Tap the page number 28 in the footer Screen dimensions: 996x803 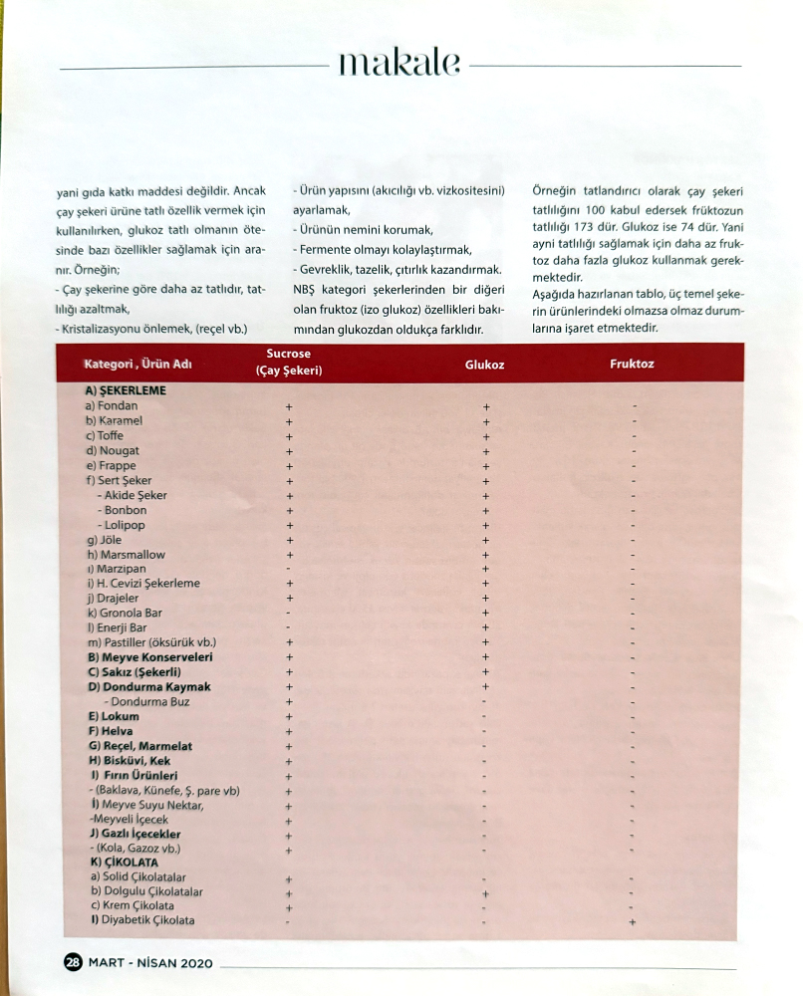click(73, 962)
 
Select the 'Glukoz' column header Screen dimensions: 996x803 click(484, 365)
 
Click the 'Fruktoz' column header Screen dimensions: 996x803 click(632, 364)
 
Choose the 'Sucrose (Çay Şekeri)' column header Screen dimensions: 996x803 click(289, 362)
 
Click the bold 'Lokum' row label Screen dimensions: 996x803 click(114, 716)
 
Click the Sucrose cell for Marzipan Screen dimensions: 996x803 click(289, 569)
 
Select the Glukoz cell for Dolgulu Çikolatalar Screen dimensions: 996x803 click(484, 893)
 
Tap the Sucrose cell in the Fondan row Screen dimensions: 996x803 click(289, 407)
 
